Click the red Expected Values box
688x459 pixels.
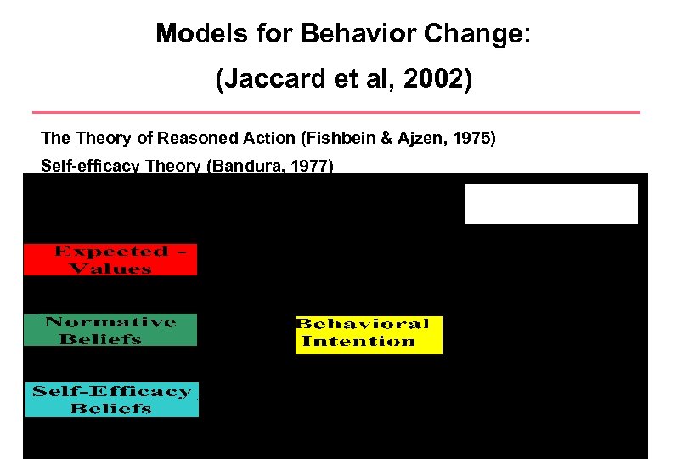(x=110, y=260)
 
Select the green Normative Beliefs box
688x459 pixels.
(x=110, y=330)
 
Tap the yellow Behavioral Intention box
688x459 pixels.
(x=368, y=333)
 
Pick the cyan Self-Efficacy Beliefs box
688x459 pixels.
(x=111, y=399)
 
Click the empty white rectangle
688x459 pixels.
(x=550, y=204)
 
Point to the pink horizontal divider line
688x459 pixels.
(x=336, y=111)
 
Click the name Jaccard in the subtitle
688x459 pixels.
(x=266, y=80)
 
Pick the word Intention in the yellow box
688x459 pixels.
(x=358, y=342)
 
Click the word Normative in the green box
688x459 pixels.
(x=110, y=322)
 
